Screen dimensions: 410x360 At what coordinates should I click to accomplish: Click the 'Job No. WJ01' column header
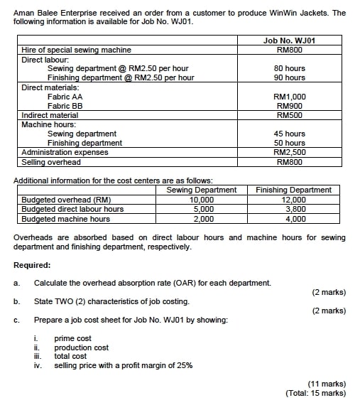click(x=289, y=41)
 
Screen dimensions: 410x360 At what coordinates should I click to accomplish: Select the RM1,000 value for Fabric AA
click(x=289, y=96)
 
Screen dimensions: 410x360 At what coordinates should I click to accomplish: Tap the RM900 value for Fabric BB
click(x=289, y=105)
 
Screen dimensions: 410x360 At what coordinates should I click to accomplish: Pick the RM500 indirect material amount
click(x=289, y=114)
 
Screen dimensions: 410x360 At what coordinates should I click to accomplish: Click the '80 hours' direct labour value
click(x=289, y=68)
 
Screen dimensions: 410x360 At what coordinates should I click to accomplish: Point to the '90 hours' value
click(x=289, y=77)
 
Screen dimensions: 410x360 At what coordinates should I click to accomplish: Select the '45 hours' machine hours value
click(x=289, y=134)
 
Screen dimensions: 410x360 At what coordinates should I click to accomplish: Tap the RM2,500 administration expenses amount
click(x=289, y=152)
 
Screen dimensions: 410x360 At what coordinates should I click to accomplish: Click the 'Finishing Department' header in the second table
click(x=293, y=190)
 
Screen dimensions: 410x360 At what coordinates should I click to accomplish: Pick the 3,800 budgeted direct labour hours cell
click(x=293, y=209)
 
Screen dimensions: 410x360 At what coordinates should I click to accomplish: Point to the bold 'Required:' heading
click(x=32, y=265)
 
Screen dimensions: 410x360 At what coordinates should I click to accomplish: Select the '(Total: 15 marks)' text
click(x=315, y=393)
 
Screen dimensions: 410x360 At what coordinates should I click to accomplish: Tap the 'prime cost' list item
click(x=72, y=338)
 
